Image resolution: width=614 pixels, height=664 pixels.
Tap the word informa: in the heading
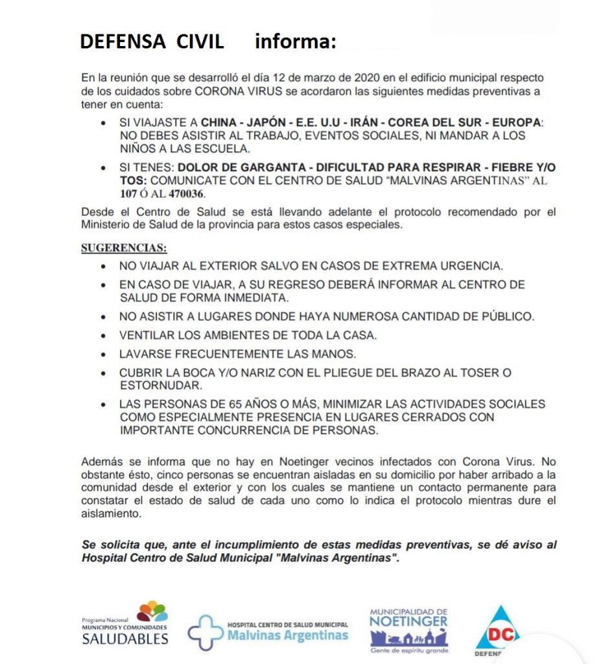tap(295, 41)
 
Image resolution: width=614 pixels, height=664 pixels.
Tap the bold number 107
tap(128, 194)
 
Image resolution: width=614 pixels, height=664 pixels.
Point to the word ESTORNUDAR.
tap(158, 385)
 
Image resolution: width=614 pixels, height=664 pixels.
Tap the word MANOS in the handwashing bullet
tap(336, 355)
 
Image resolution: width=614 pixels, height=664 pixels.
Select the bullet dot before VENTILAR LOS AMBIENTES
tap(104, 337)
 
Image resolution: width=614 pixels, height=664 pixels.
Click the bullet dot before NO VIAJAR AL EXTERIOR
tap(104, 267)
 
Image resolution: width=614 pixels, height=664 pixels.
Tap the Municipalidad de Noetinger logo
tap(408, 629)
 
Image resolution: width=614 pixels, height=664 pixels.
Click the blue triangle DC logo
tap(497, 629)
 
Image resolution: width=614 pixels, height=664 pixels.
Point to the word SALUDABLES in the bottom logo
tap(125, 639)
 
